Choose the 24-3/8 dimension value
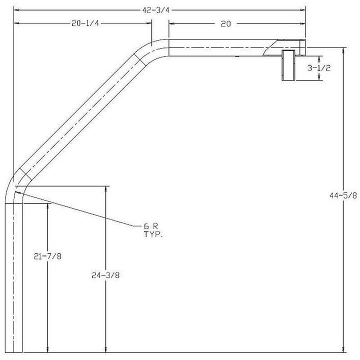click(x=105, y=274)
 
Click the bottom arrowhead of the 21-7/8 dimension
click(x=47, y=349)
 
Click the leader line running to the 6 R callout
click(x=75, y=207)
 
